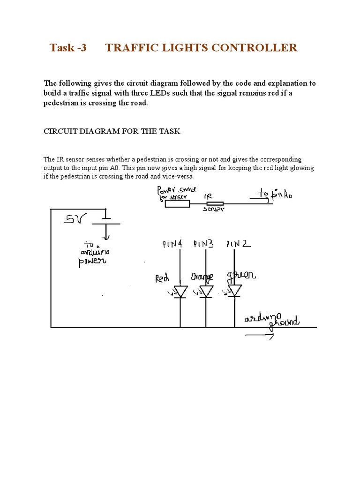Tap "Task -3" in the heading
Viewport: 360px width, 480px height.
coord(68,47)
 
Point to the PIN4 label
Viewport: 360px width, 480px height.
coord(172,244)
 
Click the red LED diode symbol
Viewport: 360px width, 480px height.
coord(180,292)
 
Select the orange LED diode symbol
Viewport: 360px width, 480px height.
coord(206,292)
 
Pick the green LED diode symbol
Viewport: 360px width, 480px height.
coord(234,291)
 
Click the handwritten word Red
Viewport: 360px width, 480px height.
coord(162,279)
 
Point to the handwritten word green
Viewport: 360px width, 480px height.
coord(241,275)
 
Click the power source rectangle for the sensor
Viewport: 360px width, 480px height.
coord(177,203)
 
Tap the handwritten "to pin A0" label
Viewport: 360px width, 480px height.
coord(275,194)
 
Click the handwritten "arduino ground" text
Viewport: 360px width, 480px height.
coord(272,320)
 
